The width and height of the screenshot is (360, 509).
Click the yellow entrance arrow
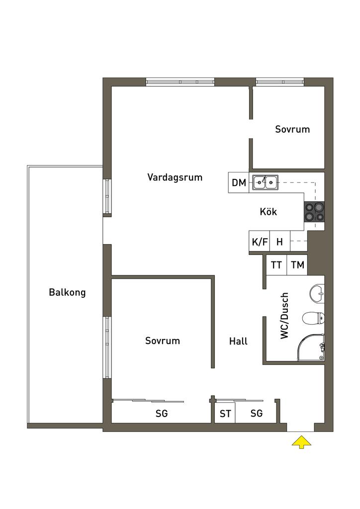[301, 442]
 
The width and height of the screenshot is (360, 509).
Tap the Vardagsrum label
[175, 177]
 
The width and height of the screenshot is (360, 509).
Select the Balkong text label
[67, 292]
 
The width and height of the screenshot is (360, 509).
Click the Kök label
[268, 212]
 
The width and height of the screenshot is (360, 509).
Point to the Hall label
[238, 341]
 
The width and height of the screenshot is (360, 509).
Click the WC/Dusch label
[284, 316]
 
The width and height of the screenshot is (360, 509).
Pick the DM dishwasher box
[239, 182]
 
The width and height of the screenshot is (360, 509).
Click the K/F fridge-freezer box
[260, 241]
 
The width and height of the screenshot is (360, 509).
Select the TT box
[276, 265]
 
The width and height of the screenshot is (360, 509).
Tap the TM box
[297, 265]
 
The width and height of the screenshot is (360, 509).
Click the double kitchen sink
[265, 182]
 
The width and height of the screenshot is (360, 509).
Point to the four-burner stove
[314, 212]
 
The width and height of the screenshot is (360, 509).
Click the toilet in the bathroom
[313, 319]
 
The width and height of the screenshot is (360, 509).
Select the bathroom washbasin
[317, 293]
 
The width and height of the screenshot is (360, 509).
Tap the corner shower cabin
[311, 347]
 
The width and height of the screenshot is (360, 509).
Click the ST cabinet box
[225, 413]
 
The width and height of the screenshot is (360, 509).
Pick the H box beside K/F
[280, 241]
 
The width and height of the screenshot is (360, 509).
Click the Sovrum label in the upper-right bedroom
[292, 129]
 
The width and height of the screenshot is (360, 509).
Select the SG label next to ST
[257, 413]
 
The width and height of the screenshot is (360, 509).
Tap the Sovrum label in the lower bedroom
[162, 340]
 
